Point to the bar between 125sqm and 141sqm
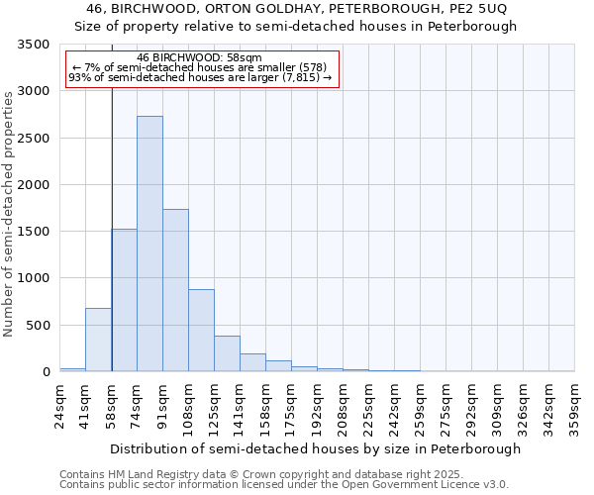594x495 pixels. coord(227,353)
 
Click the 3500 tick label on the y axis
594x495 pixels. coord(32,46)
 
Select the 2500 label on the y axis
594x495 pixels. coord(32,139)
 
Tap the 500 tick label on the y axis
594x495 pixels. coord(37,326)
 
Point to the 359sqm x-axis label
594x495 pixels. coord(575,406)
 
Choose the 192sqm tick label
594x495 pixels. coord(318,406)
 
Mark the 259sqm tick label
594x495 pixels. coord(421,406)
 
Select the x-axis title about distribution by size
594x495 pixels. coord(315,448)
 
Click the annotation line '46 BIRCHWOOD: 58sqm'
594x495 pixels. coord(199,58)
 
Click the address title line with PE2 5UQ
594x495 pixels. coord(297,9)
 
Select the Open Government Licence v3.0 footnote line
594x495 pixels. coord(284,485)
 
